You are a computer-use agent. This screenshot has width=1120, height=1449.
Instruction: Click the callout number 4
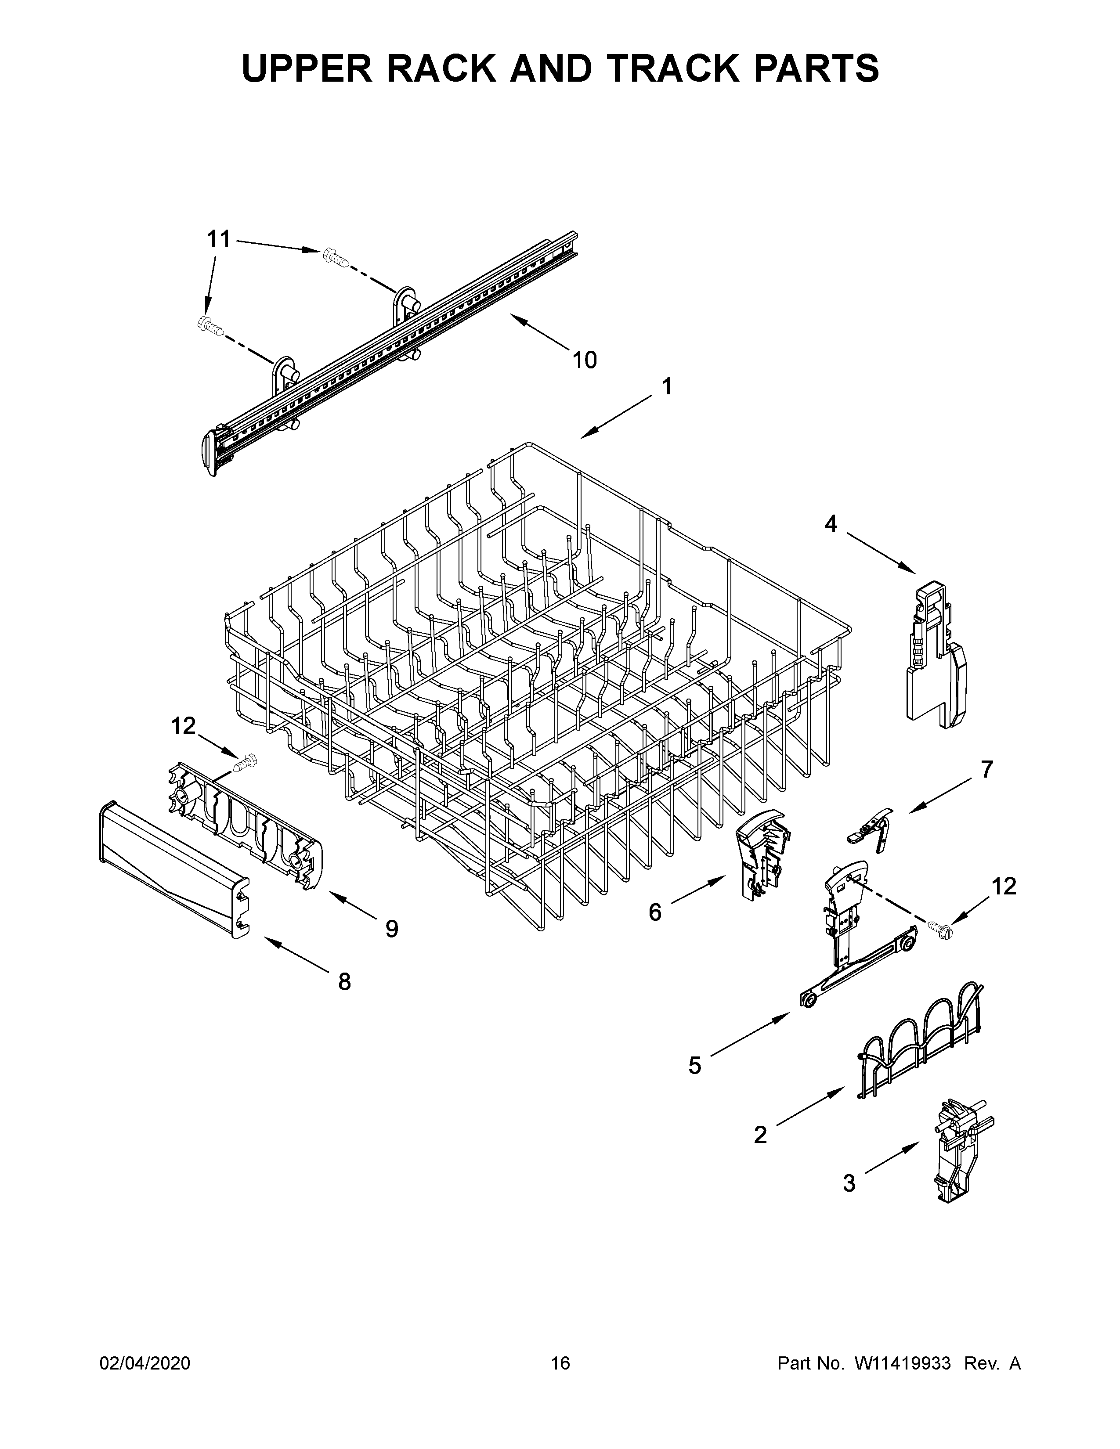[x=831, y=524]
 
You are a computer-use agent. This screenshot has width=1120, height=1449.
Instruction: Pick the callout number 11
[x=219, y=239]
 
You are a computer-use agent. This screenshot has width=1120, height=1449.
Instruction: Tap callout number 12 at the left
[x=184, y=727]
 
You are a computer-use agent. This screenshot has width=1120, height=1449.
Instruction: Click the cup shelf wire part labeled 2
[x=919, y=1040]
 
